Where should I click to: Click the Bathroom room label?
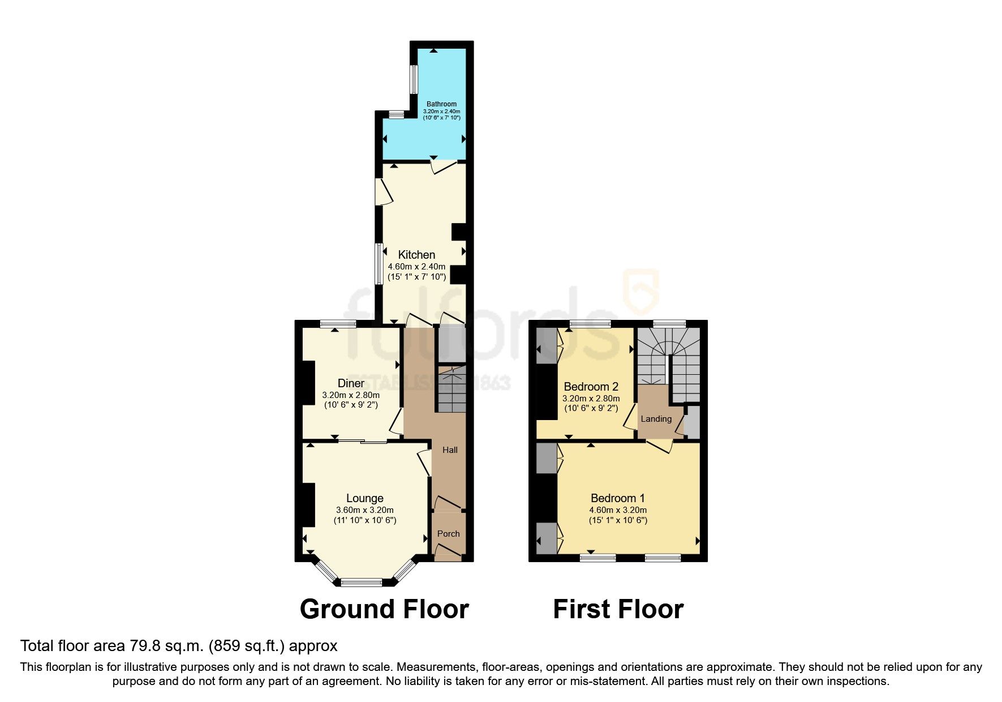click(441, 104)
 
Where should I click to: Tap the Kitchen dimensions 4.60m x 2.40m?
click(416, 267)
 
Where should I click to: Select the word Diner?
click(351, 383)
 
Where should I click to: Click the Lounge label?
click(365, 498)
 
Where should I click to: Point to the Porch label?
click(448, 534)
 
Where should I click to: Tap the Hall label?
click(450, 450)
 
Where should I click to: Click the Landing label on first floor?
click(656, 419)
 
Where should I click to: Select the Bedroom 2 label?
click(591, 387)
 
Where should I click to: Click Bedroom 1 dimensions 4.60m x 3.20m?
click(618, 510)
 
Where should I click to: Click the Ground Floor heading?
click(384, 609)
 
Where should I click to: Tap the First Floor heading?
click(618, 609)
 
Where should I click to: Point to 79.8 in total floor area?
click(144, 646)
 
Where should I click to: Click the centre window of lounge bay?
click(362, 582)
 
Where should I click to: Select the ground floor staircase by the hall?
click(451, 389)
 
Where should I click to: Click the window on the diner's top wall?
click(338, 324)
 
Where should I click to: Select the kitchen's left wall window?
click(379, 264)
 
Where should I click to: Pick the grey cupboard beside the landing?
click(693, 422)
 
